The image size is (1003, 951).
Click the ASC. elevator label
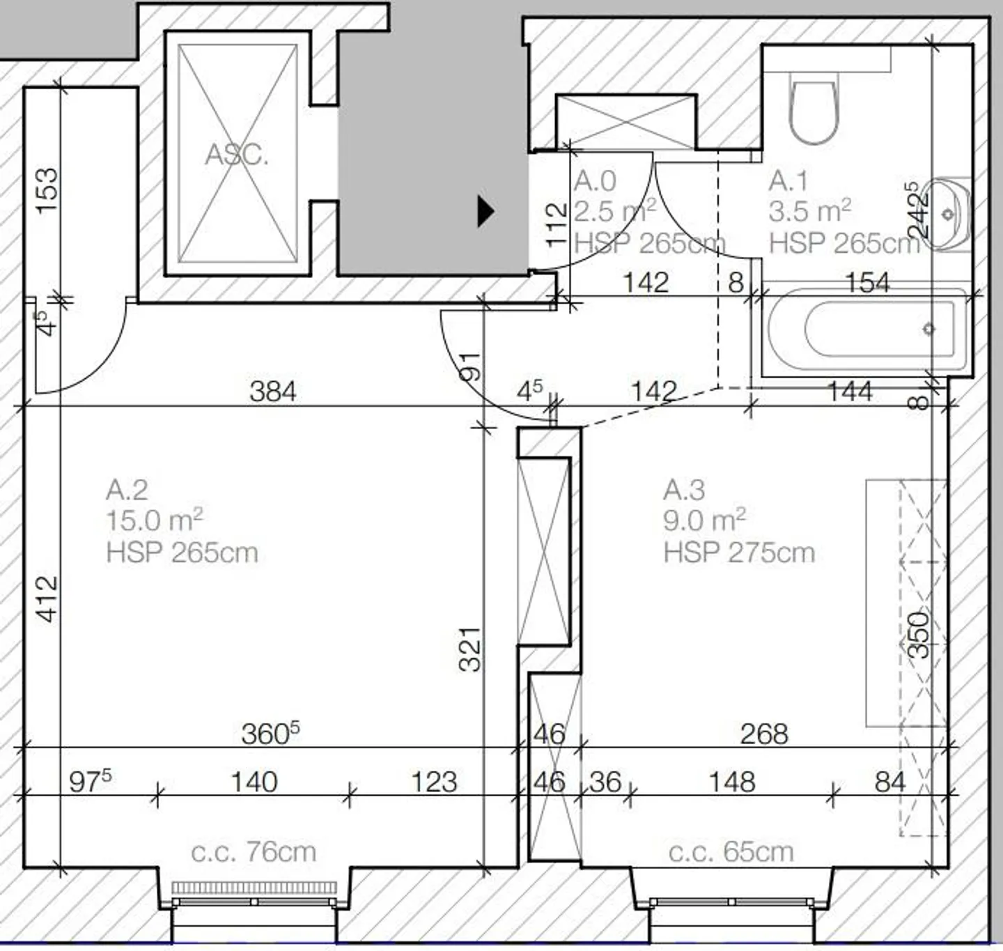[236, 154]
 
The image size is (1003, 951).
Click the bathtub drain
[928, 329]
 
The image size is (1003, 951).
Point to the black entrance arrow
[485, 210]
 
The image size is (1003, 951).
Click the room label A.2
[127, 490]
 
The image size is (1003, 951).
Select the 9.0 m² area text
[704, 520]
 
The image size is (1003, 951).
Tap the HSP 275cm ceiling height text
[739, 552]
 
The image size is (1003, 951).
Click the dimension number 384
[273, 392]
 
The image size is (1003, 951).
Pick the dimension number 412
[47, 598]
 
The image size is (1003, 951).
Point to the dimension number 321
[471, 649]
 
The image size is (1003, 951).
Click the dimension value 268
[764, 734]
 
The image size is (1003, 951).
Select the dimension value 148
[732, 782]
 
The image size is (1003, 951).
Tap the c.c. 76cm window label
[254, 851]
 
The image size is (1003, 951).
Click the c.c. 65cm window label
[731, 851]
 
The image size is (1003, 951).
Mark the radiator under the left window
[254, 888]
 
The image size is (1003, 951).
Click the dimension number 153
[47, 191]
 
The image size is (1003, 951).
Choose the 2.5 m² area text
[615, 210]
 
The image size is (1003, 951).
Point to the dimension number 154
[867, 282]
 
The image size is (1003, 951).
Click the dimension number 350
[919, 635]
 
